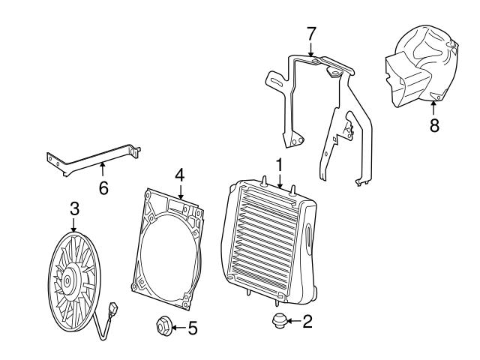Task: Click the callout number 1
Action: tap(279, 164)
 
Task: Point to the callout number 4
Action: tap(179, 173)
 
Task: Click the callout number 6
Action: tap(103, 187)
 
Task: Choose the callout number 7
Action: tap(311, 33)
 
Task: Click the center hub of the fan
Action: tap(67, 282)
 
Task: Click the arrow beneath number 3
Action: tap(74, 223)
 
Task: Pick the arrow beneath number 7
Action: tap(311, 49)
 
